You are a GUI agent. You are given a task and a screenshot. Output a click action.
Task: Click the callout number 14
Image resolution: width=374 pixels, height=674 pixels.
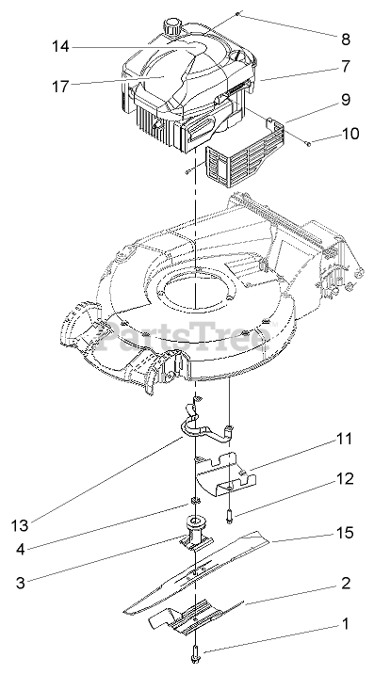(x=60, y=46)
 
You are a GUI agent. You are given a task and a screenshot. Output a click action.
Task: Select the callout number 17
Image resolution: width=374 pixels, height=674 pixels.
(x=60, y=87)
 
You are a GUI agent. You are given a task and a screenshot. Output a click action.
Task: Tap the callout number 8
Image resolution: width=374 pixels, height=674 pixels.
(x=346, y=40)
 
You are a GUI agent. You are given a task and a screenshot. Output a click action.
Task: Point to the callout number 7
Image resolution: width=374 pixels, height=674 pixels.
(x=346, y=67)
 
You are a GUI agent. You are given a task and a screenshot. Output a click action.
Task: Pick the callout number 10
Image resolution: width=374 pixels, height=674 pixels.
(x=350, y=134)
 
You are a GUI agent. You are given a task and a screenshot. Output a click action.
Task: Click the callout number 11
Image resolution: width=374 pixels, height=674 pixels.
(x=344, y=439)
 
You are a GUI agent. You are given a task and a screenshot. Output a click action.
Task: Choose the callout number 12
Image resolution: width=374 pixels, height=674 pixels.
(x=345, y=478)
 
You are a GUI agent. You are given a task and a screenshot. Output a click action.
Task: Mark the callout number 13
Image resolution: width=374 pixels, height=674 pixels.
(x=20, y=525)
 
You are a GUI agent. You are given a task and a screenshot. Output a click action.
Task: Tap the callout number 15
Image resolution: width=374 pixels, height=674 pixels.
(x=345, y=533)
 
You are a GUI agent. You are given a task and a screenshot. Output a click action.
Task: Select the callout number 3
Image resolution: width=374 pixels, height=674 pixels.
(x=21, y=584)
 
